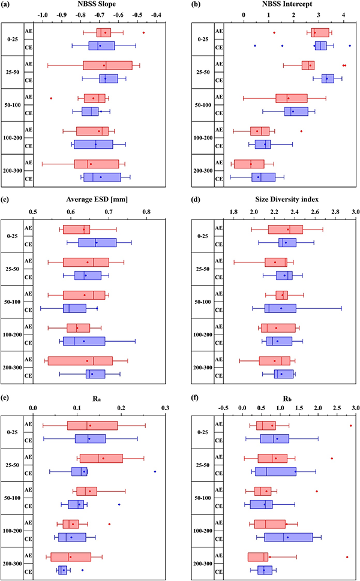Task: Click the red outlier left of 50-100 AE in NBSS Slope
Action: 51,98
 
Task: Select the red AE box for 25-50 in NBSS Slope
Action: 107,65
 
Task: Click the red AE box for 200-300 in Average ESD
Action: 80,360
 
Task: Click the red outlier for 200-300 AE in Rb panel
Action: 347,557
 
